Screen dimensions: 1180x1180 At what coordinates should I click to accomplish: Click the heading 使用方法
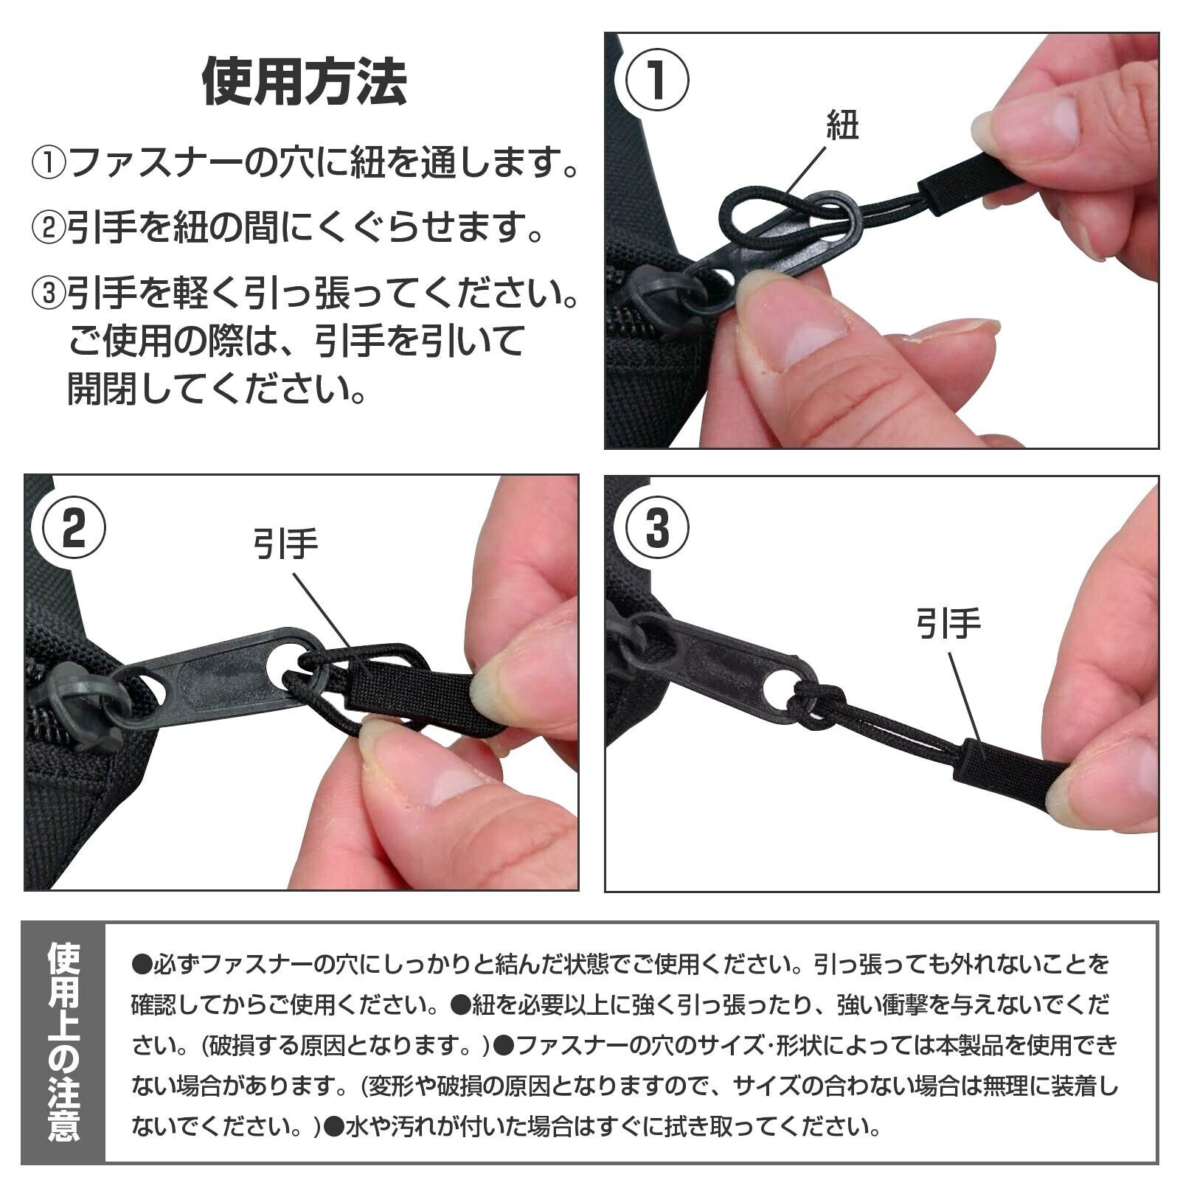(x=304, y=82)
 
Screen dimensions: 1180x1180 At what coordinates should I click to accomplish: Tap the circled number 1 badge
(x=656, y=80)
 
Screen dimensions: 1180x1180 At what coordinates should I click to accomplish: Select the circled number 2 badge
(x=73, y=528)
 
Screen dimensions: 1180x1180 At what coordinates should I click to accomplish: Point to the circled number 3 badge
(x=656, y=528)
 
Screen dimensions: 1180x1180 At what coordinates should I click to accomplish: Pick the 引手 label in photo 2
(x=285, y=544)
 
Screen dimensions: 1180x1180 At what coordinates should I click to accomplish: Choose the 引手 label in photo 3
(x=948, y=623)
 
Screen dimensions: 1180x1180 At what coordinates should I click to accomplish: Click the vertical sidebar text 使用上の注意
(x=63, y=1042)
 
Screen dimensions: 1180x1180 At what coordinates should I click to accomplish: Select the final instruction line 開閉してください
(x=217, y=388)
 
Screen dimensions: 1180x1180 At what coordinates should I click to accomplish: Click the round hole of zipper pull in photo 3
(x=777, y=689)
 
